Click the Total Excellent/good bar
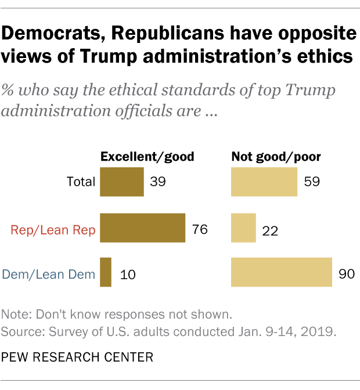point(122,182)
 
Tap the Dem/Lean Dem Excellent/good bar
point(106,272)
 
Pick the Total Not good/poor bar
point(264,182)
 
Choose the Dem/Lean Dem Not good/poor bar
point(282,272)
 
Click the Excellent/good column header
point(147,156)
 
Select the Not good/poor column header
point(276,156)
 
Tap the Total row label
point(81,182)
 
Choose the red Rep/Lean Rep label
point(53,229)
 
